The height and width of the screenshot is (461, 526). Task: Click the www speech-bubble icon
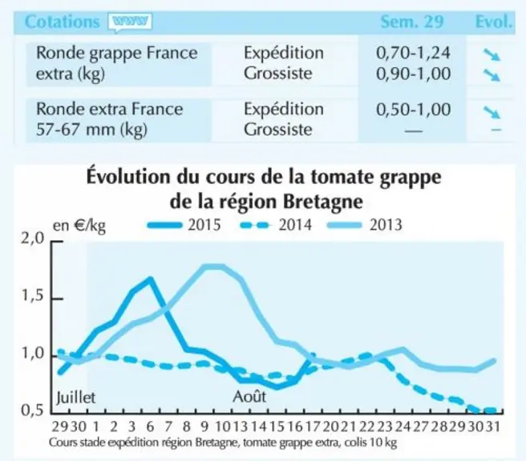click(130, 22)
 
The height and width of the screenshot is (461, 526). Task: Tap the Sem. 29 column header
click(412, 22)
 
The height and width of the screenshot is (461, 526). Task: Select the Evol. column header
click(494, 22)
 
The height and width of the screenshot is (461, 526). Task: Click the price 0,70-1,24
click(413, 53)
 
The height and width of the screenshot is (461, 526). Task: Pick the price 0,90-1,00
click(413, 74)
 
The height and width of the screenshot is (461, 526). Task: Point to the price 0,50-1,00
click(413, 110)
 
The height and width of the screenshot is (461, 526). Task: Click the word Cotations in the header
click(63, 22)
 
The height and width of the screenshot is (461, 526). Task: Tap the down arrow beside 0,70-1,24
click(492, 55)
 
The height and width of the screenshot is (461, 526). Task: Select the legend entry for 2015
click(184, 225)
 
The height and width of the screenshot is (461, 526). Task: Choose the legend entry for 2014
click(276, 225)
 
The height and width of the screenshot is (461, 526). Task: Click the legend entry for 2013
click(365, 225)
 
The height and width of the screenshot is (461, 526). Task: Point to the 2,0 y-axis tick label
click(33, 239)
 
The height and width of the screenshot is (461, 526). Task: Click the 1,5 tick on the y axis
click(33, 296)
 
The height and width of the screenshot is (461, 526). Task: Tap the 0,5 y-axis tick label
click(33, 410)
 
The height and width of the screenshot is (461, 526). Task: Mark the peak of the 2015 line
click(150, 279)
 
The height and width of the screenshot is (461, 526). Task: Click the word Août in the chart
click(249, 397)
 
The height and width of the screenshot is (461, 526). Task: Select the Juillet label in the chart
click(76, 398)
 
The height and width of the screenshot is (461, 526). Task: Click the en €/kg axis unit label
click(79, 226)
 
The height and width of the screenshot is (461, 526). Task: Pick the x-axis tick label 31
click(494, 427)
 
